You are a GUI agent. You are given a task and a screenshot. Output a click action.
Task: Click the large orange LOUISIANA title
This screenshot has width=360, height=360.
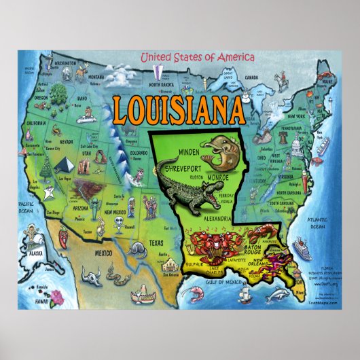[x=179, y=109]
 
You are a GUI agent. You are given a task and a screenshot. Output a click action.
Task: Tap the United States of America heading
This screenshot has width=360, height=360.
[x=197, y=58]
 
